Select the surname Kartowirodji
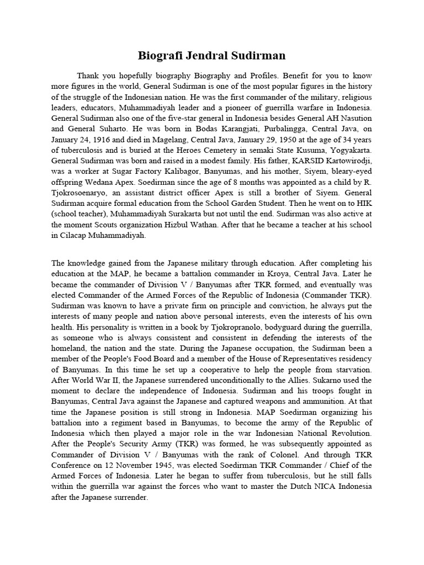click(x=342, y=160)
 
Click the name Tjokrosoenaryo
click(x=80, y=192)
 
